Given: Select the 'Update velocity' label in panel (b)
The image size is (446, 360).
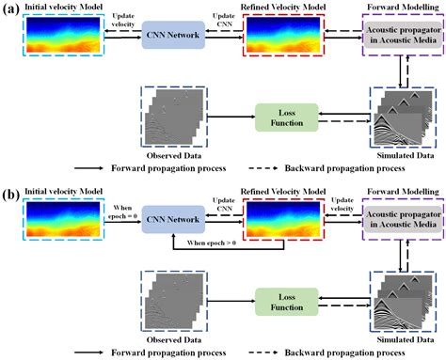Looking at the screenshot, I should (x=345, y=204).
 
